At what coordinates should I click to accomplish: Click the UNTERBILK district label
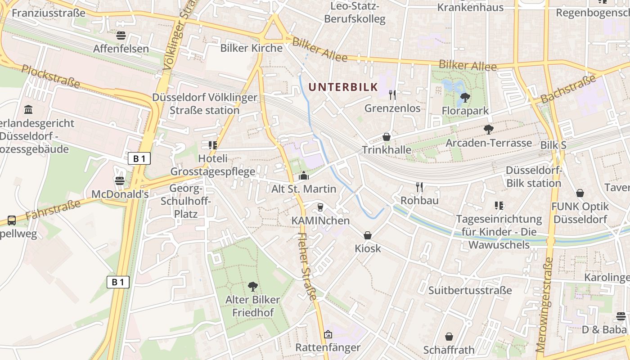(342, 87)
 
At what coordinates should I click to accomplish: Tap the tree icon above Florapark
(465, 97)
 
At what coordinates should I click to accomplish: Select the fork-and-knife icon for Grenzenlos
(392, 94)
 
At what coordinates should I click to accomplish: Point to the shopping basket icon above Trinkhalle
(386, 137)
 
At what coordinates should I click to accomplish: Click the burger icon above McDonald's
(119, 181)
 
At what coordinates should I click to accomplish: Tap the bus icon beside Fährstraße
(12, 220)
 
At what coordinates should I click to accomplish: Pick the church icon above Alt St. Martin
(304, 176)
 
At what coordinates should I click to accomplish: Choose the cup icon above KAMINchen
(320, 207)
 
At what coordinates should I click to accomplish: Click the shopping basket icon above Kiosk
(368, 235)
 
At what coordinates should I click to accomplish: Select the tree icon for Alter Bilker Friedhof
(252, 286)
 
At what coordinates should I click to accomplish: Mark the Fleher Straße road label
(308, 266)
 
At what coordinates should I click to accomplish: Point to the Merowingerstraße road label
(544, 305)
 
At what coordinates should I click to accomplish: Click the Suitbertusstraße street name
(470, 290)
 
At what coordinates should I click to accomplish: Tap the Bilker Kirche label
(251, 48)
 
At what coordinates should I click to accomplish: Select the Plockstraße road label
(50, 76)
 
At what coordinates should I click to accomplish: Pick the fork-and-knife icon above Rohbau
(419, 187)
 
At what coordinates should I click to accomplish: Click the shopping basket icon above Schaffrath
(449, 337)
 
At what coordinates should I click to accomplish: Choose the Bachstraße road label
(567, 89)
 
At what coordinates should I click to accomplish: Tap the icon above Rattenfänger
(328, 334)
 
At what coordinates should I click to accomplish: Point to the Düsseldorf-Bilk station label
(534, 177)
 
